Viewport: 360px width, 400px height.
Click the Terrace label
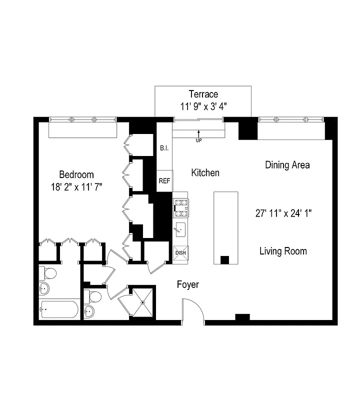point(203,94)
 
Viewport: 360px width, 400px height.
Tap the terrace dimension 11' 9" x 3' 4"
point(203,106)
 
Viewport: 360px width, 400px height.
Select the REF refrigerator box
point(164,181)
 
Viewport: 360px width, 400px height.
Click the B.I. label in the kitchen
point(164,148)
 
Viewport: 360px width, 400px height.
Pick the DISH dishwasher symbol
point(180,253)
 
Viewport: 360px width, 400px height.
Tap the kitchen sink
point(180,230)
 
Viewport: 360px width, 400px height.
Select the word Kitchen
point(205,172)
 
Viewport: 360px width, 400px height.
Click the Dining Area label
point(287,165)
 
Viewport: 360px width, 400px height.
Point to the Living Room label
point(283,251)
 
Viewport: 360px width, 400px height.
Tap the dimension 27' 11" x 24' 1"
point(283,212)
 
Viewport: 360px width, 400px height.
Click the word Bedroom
point(76,174)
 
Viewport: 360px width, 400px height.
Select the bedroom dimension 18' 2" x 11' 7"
point(76,187)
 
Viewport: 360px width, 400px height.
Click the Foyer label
point(188,284)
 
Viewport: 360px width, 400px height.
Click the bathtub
point(59,309)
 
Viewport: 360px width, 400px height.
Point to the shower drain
point(142,302)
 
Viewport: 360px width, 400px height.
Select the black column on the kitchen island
point(224,260)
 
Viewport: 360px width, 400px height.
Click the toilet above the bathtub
point(49,273)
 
